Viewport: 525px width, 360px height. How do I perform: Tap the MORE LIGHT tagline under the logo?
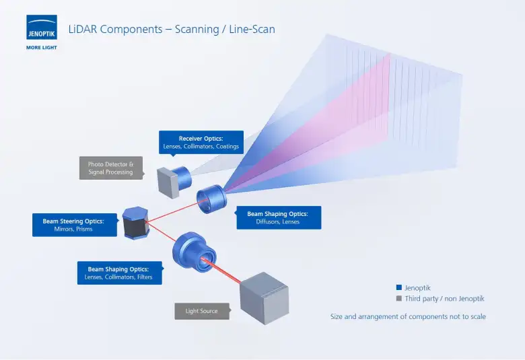(42, 48)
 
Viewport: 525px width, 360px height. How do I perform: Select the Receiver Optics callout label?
(201, 142)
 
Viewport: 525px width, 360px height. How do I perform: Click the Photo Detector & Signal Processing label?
(111, 168)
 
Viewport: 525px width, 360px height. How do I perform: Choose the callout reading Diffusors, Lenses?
(278, 217)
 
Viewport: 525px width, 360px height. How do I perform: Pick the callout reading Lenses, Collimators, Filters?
(119, 273)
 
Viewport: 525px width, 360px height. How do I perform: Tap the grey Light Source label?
(201, 311)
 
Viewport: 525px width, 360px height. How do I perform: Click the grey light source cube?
(265, 297)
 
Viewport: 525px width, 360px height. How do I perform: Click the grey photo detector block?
(168, 182)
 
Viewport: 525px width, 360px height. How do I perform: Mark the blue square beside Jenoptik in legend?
(399, 287)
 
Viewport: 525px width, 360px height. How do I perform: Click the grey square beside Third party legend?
(399, 298)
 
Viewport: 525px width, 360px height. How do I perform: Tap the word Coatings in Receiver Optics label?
(227, 147)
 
